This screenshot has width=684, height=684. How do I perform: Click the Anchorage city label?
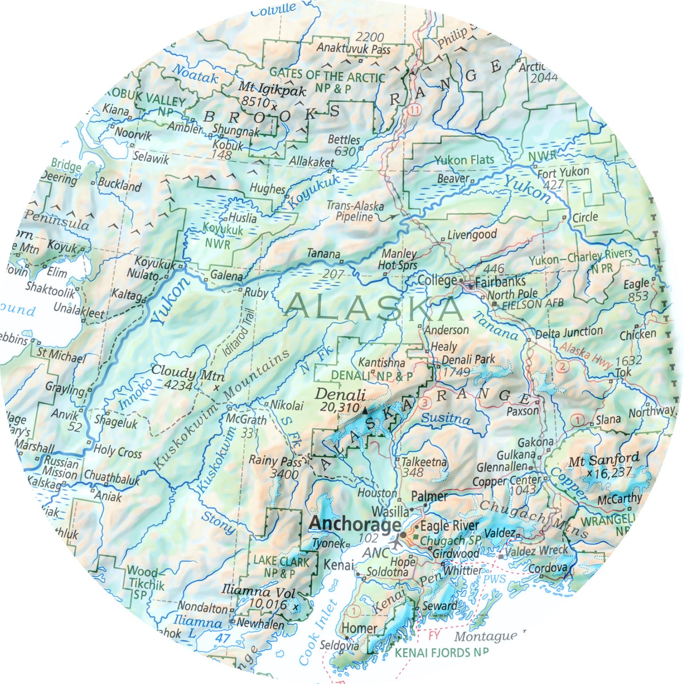tap(355, 524)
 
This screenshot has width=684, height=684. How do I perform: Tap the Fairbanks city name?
tap(500, 282)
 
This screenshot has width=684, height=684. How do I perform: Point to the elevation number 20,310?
tap(339, 407)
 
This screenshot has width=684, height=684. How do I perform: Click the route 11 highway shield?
tap(415, 110)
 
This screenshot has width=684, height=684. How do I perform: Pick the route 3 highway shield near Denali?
tap(426, 403)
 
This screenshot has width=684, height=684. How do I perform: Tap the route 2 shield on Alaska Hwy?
tap(562, 366)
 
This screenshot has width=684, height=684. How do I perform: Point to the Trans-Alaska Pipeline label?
tap(355, 211)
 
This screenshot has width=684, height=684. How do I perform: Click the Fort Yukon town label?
tap(563, 172)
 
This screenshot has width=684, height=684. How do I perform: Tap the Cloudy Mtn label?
tap(187, 373)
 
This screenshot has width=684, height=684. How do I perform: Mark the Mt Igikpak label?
tap(272, 88)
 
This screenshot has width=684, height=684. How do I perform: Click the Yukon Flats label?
tap(464, 160)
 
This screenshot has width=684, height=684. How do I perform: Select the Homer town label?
tap(359, 629)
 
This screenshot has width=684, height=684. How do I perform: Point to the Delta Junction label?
tap(569, 333)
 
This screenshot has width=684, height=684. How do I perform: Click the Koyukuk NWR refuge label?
tap(222, 236)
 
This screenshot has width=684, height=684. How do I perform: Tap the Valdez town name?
tap(499, 533)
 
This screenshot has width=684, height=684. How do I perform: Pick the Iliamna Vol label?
tap(258, 591)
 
